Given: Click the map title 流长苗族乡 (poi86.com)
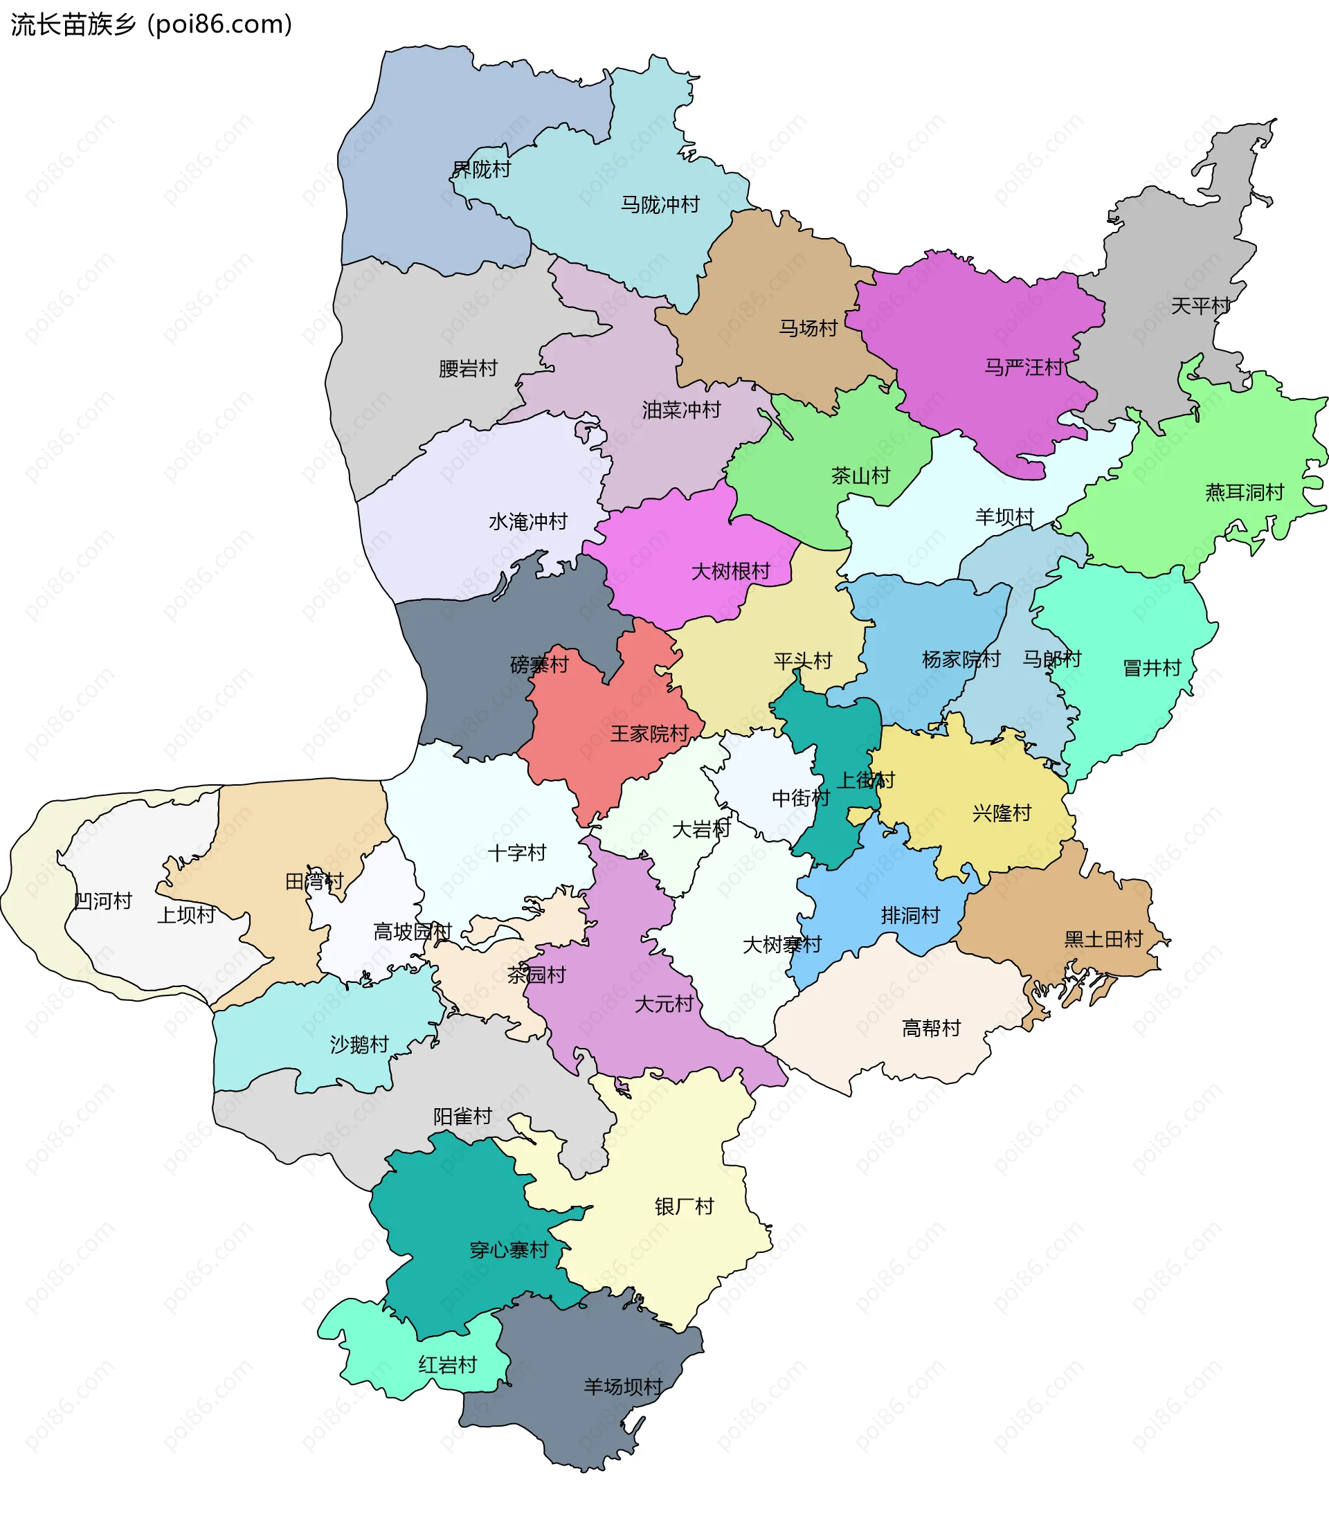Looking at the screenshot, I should tap(152, 24).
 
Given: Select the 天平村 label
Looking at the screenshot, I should tap(1199, 305).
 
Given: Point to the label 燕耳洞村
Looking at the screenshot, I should tap(1244, 492).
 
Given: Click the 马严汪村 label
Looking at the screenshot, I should tap(1023, 367).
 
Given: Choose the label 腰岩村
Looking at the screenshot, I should tap(467, 368).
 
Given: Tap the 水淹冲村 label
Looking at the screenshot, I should tap(527, 522).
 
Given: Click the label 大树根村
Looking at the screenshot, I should tap(730, 572).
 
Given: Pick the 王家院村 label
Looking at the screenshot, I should tap(649, 734).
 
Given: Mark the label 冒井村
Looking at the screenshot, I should tap(1151, 668).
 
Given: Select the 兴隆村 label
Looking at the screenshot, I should tap(1001, 813).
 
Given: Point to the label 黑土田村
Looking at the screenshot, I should tap(1103, 939).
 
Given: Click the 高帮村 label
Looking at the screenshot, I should tap(931, 1029).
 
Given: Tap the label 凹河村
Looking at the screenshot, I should tap(103, 901).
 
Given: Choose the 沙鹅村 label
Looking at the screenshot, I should tap(359, 1045).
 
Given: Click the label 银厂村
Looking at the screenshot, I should tap(684, 1207).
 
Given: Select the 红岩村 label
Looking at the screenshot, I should tap(447, 1365).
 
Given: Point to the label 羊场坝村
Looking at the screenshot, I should tap(622, 1386).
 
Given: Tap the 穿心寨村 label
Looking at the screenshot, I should tap(509, 1250).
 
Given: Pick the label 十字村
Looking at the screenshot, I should tap(517, 853).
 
